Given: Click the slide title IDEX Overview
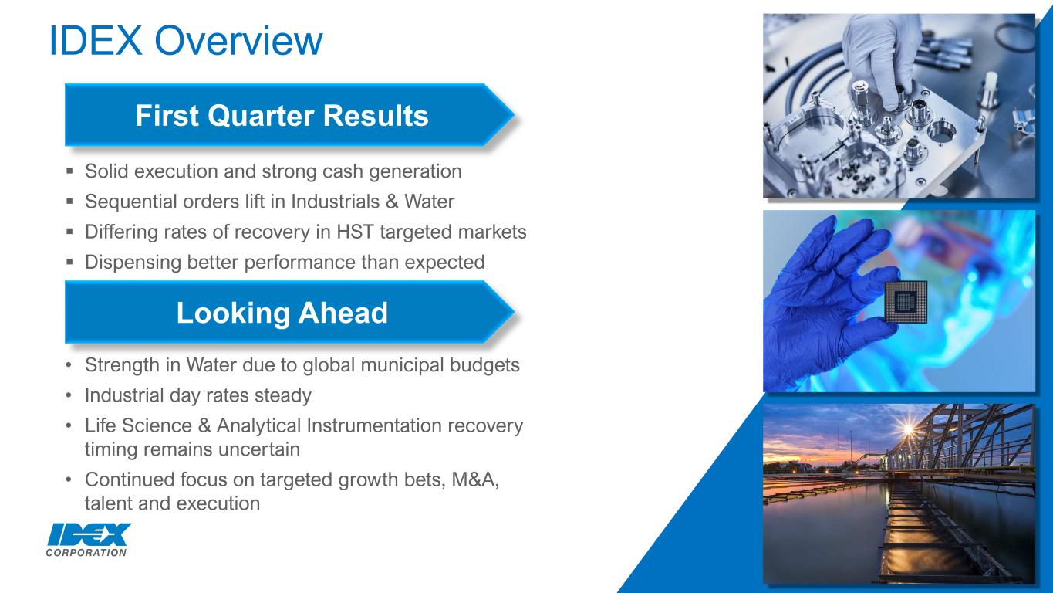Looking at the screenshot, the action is coord(186,40).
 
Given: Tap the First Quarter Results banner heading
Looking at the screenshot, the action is coord(282,116).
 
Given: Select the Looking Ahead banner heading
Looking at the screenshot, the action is coord(282,313).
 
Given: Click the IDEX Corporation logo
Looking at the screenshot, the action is coord(88,540).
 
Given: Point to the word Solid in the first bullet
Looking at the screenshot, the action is coord(106,171).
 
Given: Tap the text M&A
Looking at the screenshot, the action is coord(474,479).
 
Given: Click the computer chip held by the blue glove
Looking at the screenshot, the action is coord(906,302).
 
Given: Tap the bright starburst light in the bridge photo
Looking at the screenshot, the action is coord(909,429).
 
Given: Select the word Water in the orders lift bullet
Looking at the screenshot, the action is coord(429,202).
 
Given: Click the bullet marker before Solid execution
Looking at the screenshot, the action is coord(69,171).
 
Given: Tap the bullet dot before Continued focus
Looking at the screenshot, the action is coord(69,480).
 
